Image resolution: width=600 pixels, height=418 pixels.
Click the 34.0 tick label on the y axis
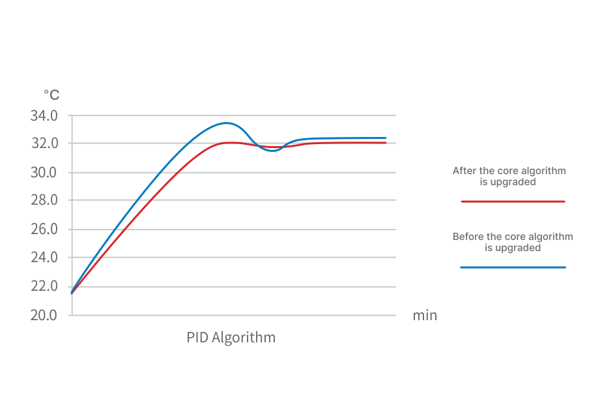click(44, 116)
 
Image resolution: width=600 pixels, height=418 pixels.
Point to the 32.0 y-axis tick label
click(44, 143)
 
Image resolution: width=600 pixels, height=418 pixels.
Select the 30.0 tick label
click(44, 173)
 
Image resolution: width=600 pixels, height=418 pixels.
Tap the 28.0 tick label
click(44, 200)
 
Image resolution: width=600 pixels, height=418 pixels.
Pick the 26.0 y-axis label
click(44, 230)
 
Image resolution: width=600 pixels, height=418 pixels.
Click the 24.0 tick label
click(44, 257)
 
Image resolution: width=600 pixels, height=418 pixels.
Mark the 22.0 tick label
click(44, 286)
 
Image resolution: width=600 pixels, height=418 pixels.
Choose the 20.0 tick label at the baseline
click(44, 315)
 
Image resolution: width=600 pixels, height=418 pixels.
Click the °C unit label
click(51, 95)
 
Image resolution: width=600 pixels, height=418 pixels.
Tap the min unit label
click(425, 316)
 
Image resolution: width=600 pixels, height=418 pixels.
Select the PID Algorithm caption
click(231, 338)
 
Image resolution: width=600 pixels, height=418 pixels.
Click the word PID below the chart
click(197, 338)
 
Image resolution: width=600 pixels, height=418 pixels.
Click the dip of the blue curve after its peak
click(273, 151)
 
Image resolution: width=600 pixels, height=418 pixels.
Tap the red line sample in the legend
click(513, 202)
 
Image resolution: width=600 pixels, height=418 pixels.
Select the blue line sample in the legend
click(513, 267)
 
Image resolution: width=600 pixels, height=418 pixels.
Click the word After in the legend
click(464, 171)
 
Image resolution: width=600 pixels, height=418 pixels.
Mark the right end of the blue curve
click(386, 138)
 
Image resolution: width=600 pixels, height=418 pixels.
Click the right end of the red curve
click(386, 142)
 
